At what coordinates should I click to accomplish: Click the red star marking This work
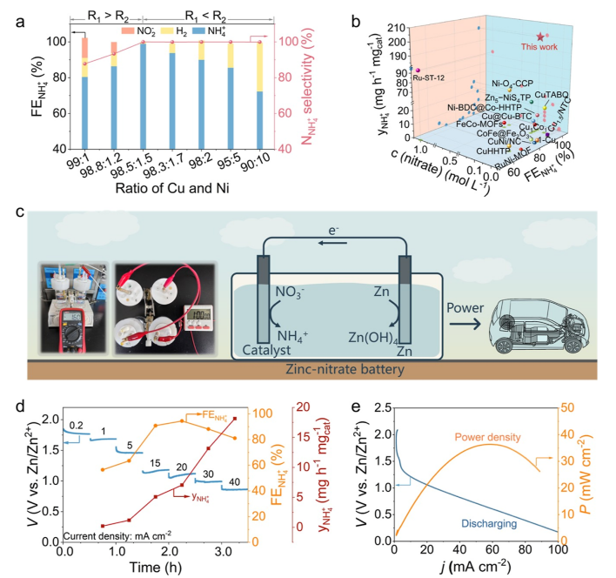541,37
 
